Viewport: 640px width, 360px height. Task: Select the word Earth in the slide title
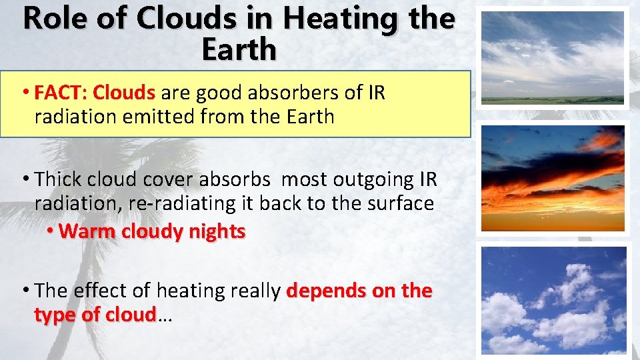tap(239, 50)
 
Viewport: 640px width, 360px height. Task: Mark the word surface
tap(399, 203)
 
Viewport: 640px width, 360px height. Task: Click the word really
tap(253, 290)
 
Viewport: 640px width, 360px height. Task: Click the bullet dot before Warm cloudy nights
tap(51, 231)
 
